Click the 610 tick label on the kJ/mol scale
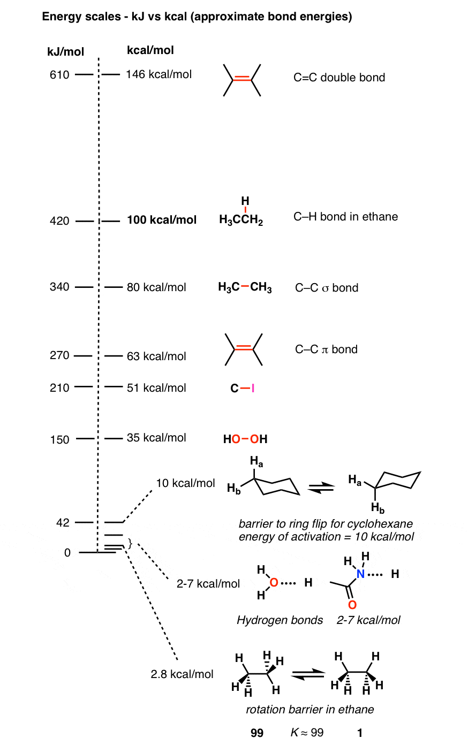59,75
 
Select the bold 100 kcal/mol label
162,220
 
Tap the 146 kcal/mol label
158,74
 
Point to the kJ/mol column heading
66,52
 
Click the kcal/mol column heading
150,50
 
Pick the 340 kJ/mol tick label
59,287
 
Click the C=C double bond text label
339,77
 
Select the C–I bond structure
242,388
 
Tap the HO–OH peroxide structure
245,439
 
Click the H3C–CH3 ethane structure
245,287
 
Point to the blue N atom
360,574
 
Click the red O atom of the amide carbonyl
352,605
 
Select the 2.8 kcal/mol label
182,674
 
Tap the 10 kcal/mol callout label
185,483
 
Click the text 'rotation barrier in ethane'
310,710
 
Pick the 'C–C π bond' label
326,349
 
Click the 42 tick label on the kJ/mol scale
63,522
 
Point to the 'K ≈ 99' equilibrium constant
307,733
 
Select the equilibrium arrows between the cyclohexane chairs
321,488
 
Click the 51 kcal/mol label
156,388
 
